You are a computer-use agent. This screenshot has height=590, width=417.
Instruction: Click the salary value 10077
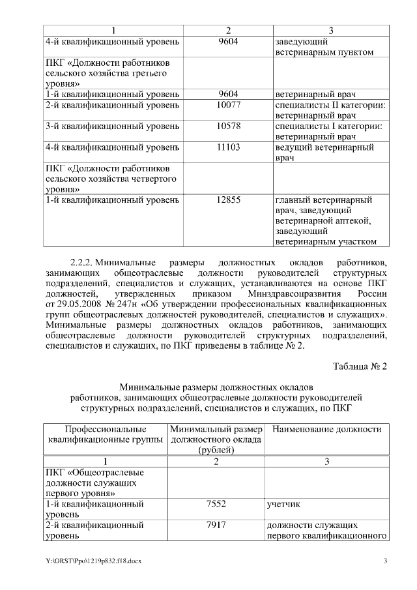click(228, 104)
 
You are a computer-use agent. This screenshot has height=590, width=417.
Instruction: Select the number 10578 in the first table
click(228, 126)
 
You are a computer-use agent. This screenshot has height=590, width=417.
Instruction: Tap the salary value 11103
click(228, 147)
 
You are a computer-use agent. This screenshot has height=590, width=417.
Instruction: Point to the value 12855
click(228, 200)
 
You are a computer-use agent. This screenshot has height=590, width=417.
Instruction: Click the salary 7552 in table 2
click(216, 504)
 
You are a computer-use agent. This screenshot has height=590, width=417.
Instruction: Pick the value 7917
click(216, 525)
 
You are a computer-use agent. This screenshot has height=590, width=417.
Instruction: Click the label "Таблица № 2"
click(360, 366)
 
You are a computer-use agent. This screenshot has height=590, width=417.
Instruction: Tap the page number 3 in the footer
click(385, 561)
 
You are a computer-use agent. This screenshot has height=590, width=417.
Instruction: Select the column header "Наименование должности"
click(326, 430)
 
